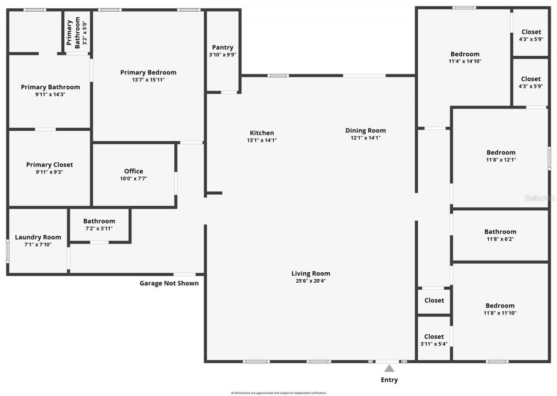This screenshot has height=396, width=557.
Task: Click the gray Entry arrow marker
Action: click(x=389, y=369)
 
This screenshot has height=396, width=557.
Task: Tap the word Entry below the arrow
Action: click(x=389, y=380)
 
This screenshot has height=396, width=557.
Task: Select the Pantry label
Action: click(x=222, y=47)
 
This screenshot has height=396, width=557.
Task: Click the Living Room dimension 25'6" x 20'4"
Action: click(x=311, y=281)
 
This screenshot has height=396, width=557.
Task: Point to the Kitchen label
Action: click(x=262, y=133)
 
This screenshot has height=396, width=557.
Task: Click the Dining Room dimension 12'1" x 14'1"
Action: click(x=366, y=138)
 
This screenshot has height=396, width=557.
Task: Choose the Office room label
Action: click(x=134, y=171)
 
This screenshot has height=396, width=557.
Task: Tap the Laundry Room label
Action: click(x=38, y=237)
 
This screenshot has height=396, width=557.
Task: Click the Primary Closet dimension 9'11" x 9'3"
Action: click(x=50, y=172)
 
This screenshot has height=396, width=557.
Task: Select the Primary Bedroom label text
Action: click(x=148, y=72)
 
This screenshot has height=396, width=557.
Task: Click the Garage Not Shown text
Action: click(x=169, y=283)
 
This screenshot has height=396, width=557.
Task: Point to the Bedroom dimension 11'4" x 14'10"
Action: click(x=465, y=61)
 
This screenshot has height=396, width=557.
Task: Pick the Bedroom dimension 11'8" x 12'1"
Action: click(x=501, y=160)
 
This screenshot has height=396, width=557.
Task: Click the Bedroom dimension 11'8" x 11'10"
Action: click(x=500, y=313)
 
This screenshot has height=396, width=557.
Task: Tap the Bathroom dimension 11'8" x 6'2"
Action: click(x=500, y=239)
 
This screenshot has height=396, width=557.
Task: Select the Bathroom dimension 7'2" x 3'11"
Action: click(x=99, y=228)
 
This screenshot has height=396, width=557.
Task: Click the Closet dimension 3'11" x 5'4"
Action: click(x=434, y=344)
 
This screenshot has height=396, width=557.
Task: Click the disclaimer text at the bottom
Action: click(x=278, y=393)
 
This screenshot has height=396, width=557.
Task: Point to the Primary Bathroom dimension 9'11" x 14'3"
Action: click(x=50, y=94)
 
